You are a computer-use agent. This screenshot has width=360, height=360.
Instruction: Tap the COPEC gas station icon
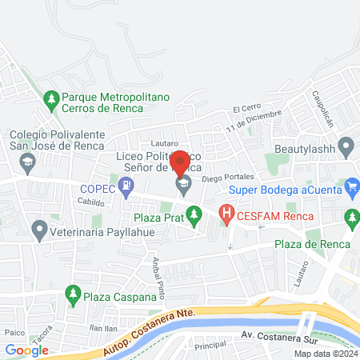126,188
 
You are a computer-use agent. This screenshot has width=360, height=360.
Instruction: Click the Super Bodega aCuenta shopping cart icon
353,190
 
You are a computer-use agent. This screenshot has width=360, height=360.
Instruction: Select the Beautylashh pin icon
346,148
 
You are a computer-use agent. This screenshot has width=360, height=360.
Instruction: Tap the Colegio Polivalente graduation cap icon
29,162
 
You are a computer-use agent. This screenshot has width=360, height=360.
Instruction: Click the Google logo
26,350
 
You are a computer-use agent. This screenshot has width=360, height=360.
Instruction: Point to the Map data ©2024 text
325,354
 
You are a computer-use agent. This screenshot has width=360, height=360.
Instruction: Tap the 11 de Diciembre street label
254,120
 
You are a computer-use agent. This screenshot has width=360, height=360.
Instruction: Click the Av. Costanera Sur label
274,337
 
